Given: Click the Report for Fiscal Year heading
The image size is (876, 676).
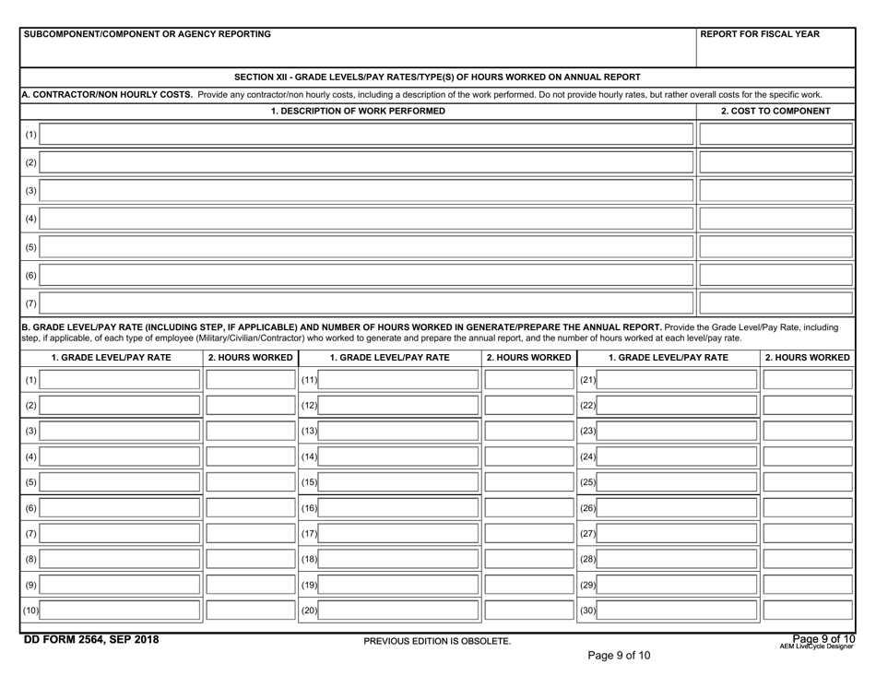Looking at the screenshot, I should click(760, 34).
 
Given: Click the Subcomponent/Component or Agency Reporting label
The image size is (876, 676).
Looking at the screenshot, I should click(148, 34).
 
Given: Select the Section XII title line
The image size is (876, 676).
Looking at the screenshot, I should click(437, 77).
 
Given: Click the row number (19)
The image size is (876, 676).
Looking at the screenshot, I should click(310, 585).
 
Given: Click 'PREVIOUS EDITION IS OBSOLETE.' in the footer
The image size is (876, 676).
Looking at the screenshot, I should click(437, 641).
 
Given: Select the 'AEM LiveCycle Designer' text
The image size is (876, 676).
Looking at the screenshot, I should click(816, 646).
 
